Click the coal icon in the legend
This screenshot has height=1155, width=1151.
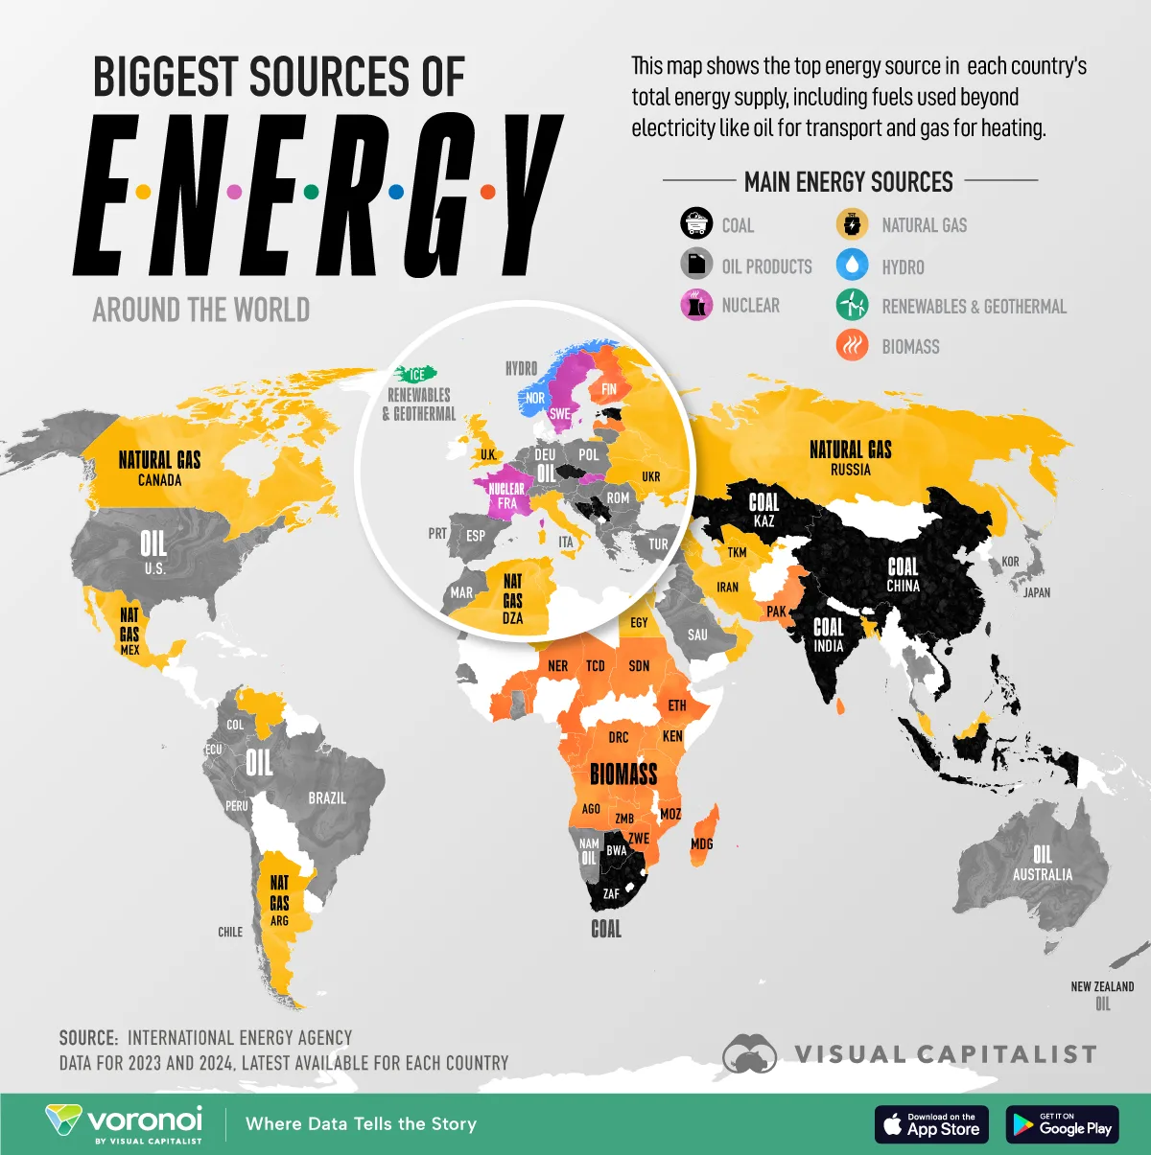pyautogui.click(x=696, y=223)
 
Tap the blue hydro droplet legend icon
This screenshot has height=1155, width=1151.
pyautogui.click(x=852, y=266)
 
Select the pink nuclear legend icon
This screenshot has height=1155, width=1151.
pyautogui.click(x=696, y=305)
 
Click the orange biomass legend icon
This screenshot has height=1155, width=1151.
pyautogui.click(x=852, y=345)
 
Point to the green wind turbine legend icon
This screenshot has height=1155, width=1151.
pyautogui.click(x=852, y=305)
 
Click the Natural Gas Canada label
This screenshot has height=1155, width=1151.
pyautogui.click(x=159, y=468)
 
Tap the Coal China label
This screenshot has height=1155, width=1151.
pyautogui.click(x=903, y=574)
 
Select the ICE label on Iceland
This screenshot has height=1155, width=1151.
pyautogui.click(x=417, y=375)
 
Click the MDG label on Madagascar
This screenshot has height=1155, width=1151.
pyautogui.click(x=701, y=843)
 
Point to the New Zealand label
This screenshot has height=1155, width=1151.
pyautogui.click(x=1102, y=986)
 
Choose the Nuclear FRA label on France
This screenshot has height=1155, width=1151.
pyautogui.click(x=506, y=496)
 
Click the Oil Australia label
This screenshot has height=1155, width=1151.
pyautogui.click(x=1043, y=863)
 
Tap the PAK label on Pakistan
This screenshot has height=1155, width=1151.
pyautogui.click(x=776, y=612)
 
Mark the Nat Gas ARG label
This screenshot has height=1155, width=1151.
pyautogui.click(x=279, y=900)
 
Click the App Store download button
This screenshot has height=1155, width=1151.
pyautogui.click(x=931, y=1124)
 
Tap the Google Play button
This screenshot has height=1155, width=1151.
pyautogui.click(x=1064, y=1124)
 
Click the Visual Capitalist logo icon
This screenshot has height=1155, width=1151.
pyautogui.click(x=749, y=1053)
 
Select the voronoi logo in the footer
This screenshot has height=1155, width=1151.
pyautogui.click(x=125, y=1123)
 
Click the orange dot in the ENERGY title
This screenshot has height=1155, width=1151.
pyautogui.click(x=487, y=192)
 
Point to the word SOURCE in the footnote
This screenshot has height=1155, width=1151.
pyautogui.click(x=88, y=1038)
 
